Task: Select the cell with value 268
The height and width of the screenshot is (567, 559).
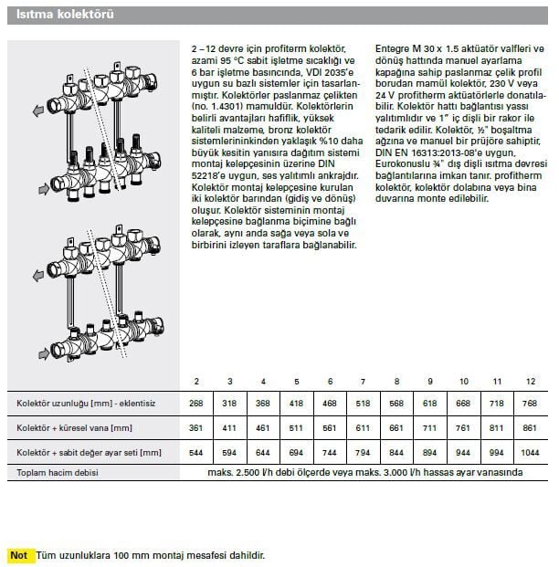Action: tap(196, 403)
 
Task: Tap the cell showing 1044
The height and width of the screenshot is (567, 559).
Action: tap(530, 452)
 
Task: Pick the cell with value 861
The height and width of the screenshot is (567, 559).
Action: tap(530, 427)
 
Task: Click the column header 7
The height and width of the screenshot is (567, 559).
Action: tap(364, 380)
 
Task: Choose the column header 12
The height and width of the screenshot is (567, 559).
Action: tap(530, 380)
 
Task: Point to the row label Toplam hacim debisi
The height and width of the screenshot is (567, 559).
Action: tap(58, 472)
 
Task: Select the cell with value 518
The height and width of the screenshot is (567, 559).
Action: tap(364, 403)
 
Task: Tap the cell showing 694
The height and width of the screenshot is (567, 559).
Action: tap(296, 452)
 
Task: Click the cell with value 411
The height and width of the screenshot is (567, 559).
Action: tap(230, 427)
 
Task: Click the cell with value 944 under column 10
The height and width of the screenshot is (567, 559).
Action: tap(463, 452)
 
